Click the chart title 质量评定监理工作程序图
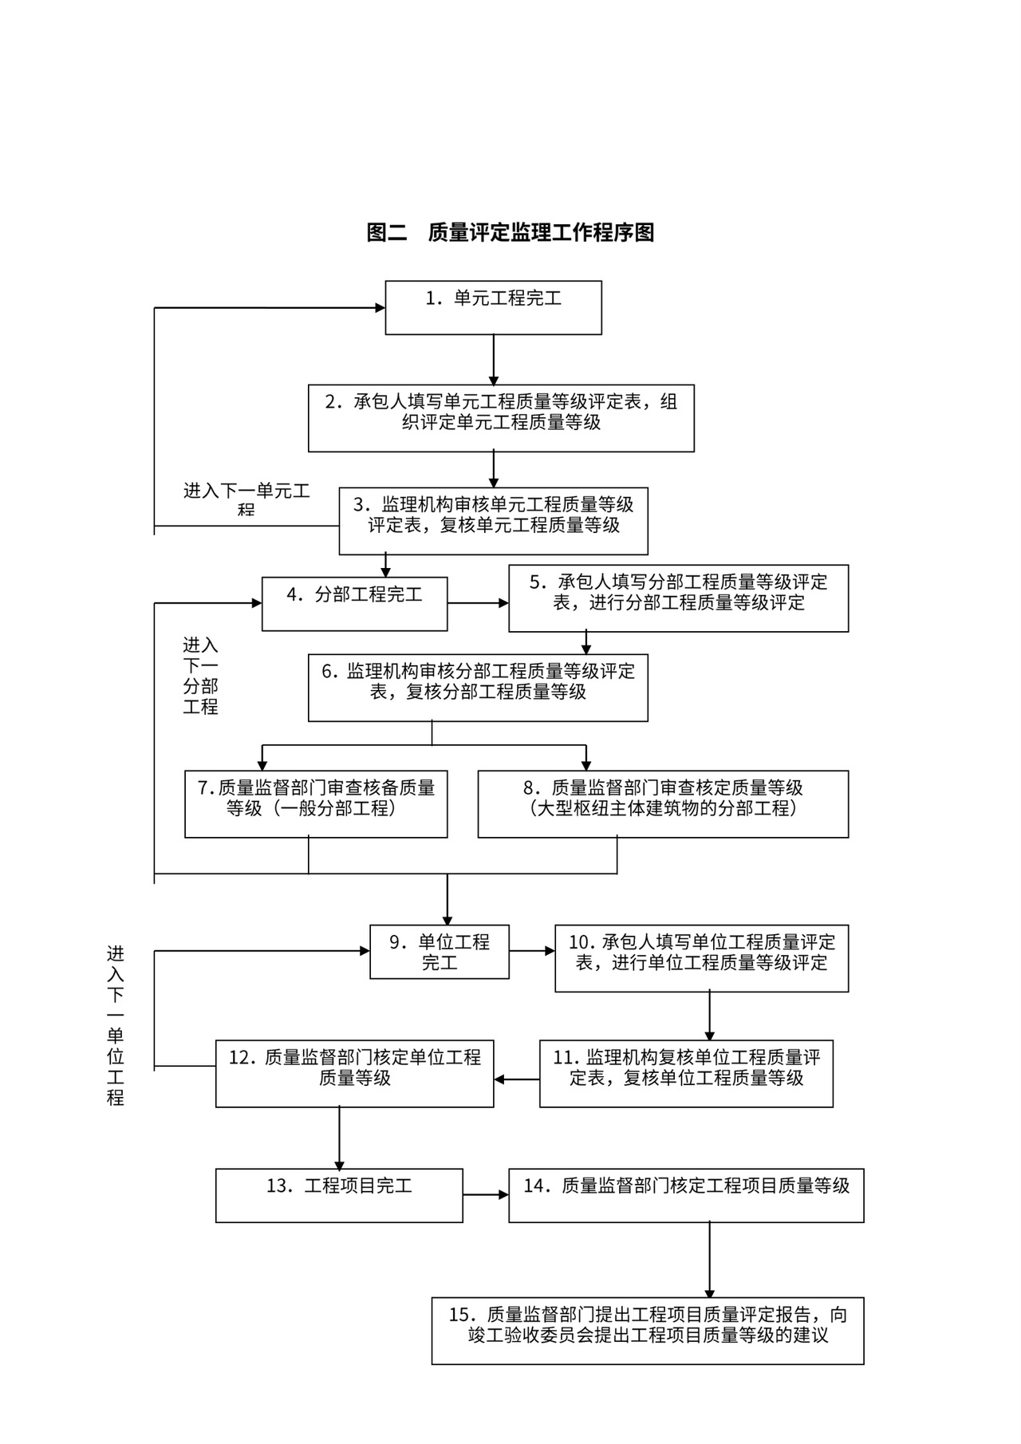click(x=510, y=232)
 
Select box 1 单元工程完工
click(x=493, y=307)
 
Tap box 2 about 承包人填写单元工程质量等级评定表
click(x=501, y=418)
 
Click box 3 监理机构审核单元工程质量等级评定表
click(x=493, y=521)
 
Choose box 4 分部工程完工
click(x=354, y=603)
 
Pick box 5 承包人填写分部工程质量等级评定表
click(x=678, y=598)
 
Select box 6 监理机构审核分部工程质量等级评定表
click(x=478, y=688)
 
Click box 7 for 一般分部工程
click(x=316, y=803)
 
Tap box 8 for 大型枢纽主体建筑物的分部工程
click(x=663, y=803)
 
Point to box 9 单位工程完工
click(x=439, y=952)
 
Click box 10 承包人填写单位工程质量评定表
click(x=701, y=958)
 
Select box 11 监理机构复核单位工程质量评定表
click(x=686, y=1073)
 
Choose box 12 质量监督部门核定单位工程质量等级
click(x=354, y=1073)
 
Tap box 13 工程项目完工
click(x=339, y=1195)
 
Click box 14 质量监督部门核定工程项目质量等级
click(x=686, y=1195)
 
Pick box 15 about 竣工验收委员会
click(x=648, y=1330)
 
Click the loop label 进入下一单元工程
click(x=246, y=499)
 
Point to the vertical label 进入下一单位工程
click(x=116, y=1025)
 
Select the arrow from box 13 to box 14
click(x=486, y=1195)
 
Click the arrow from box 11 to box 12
click(x=517, y=1079)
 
